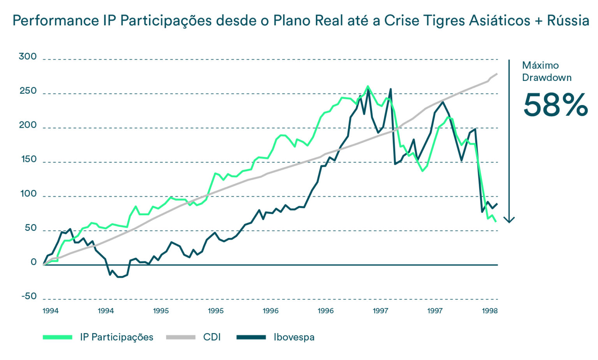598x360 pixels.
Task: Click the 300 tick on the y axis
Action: coord(28,57)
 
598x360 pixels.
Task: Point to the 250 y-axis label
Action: coord(28,91)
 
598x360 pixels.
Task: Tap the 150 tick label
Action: coord(28,160)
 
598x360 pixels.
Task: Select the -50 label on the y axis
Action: coord(28,297)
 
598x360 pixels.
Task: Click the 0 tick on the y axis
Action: coord(33,262)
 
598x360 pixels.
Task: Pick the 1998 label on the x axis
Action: coord(489,311)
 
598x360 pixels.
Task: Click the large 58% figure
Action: coord(555,105)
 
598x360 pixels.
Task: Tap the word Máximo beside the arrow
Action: coord(540,65)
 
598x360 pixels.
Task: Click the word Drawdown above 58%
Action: coord(547,78)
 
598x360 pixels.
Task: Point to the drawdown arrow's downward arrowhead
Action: coord(509,220)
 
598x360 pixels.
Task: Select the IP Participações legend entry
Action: coord(116,337)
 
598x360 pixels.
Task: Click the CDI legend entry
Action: coord(212,337)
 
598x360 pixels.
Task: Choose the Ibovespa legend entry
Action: coord(294,337)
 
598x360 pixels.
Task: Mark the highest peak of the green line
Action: coord(368,86)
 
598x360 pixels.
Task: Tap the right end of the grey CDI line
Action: coord(497,74)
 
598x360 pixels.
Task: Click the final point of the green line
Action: coord(496,221)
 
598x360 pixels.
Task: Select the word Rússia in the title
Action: coord(568,21)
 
